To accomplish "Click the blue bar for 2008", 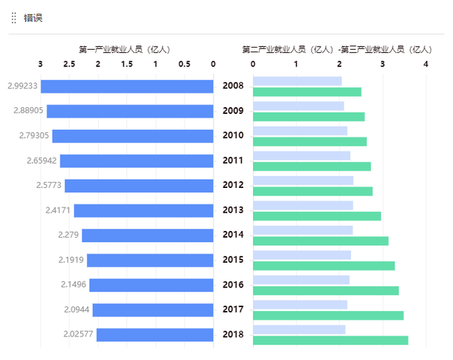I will pos(127,86).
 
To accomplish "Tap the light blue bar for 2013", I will pos(303,205).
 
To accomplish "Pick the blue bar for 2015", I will pos(150,260).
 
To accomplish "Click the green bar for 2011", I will pos(312,166).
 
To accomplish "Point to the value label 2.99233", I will pos(20,86).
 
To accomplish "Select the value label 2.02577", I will pos(76,334).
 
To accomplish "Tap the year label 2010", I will pos(233,136).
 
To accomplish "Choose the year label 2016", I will pos(233,285).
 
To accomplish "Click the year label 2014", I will pos(233,235).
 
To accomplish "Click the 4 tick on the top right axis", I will pos(426,64).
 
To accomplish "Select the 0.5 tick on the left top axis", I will pos(184,64).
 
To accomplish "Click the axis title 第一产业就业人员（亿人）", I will pos(125,49).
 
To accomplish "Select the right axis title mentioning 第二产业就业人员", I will pos(337,49).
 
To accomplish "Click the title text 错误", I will pos(32,17).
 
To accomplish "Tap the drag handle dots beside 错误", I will pos(14,17).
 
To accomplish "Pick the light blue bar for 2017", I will pos(300,305).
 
